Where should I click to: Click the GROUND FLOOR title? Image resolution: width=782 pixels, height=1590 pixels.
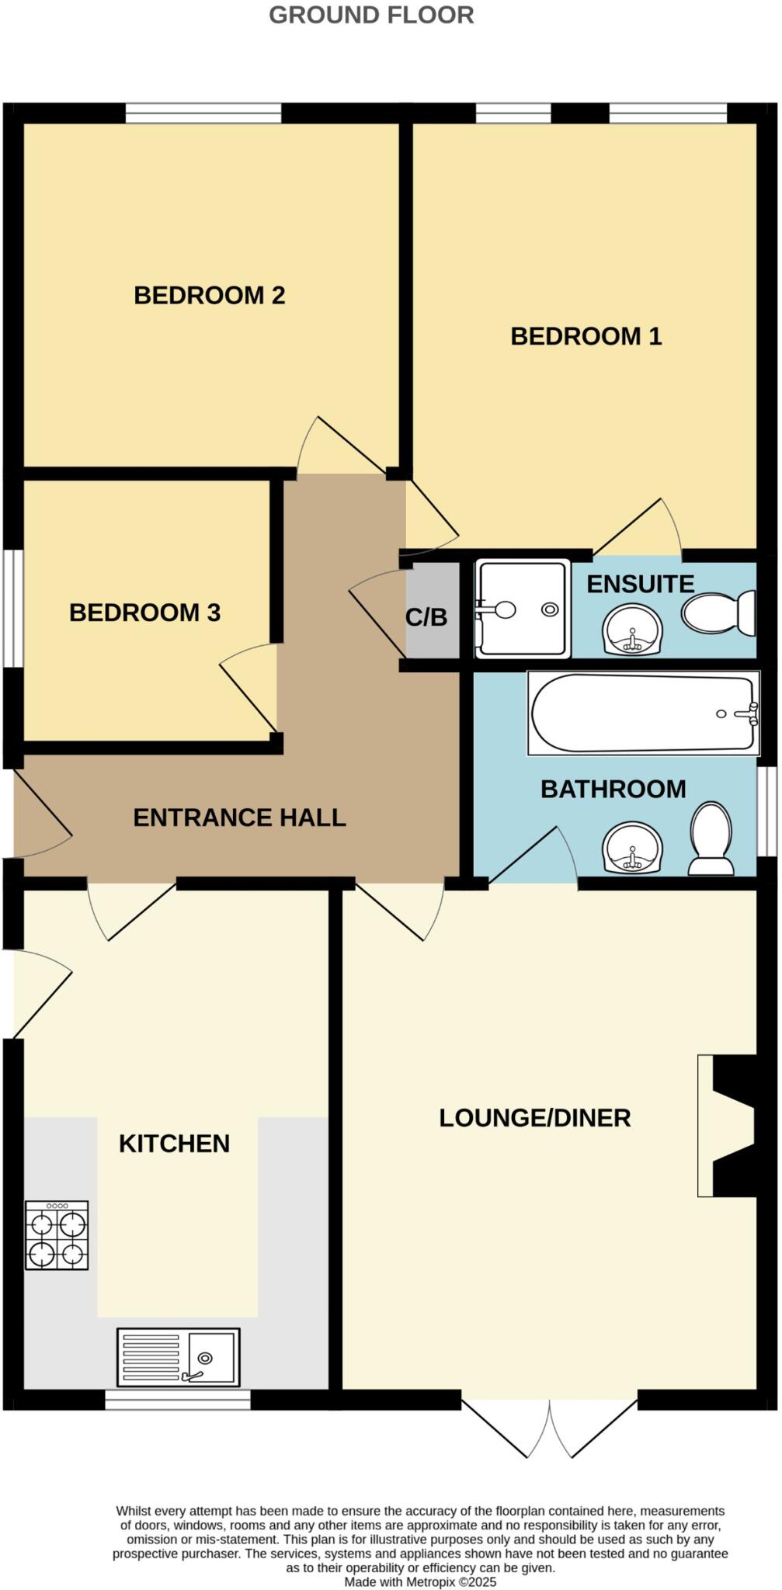tap(371, 15)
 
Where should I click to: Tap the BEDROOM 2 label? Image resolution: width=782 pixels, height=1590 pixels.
tap(210, 295)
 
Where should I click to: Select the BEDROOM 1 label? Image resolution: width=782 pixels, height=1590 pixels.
tap(586, 336)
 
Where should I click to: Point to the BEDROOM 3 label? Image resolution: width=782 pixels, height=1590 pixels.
tap(145, 613)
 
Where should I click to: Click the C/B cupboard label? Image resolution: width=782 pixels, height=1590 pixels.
tap(426, 617)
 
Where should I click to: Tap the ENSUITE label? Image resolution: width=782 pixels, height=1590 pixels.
tap(640, 584)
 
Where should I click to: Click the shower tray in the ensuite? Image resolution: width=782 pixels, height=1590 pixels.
tap(523, 609)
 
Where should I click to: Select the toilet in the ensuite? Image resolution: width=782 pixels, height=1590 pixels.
tap(719, 613)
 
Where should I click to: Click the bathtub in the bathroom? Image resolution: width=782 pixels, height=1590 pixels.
tap(644, 713)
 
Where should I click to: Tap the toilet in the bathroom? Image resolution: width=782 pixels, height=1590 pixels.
tap(711, 838)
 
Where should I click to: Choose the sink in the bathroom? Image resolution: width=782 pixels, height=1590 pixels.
tap(633, 848)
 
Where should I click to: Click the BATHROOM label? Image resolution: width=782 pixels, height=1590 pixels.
tap(613, 789)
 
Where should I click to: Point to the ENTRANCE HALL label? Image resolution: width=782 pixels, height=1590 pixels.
tap(239, 818)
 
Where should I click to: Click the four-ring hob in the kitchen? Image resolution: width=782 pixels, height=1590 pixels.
tap(57, 1235)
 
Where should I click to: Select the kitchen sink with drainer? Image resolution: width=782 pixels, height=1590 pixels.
tap(178, 1356)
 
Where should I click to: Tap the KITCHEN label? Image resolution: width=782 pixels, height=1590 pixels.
tap(174, 1144)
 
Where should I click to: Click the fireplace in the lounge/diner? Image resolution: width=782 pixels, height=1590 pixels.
tap(728, 1125)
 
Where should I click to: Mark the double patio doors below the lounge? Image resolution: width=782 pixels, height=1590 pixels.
tap(550, 1427)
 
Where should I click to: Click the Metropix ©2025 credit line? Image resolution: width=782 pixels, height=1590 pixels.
tap(420, 1581)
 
